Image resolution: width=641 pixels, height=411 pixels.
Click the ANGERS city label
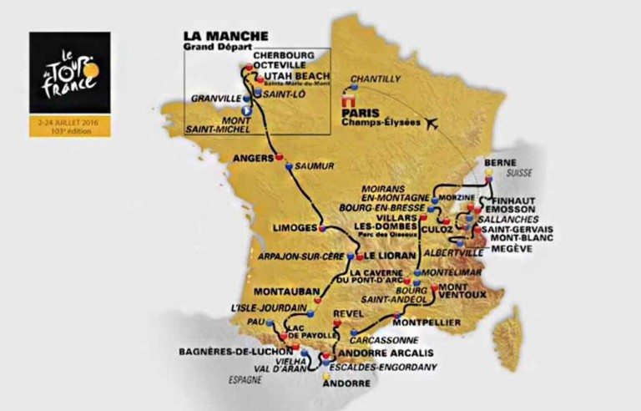coord(254,156)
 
